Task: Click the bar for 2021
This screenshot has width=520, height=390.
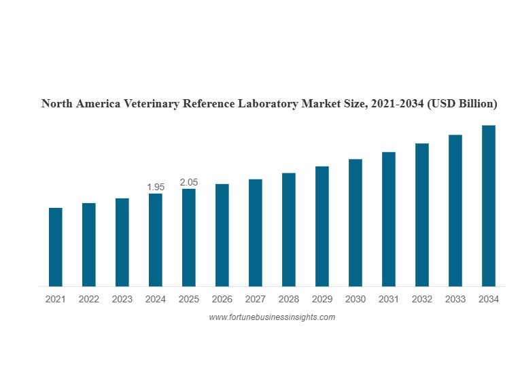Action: click(55, 247)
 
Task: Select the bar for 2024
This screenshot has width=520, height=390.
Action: click(156, 240)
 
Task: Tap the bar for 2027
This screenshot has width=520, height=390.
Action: click(256, 232)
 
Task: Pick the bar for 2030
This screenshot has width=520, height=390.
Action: click(356, 223)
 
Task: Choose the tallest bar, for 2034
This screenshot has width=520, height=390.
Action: click(489, 206)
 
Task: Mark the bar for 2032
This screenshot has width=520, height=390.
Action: click(422, 215)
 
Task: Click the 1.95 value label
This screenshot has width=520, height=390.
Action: click(156, 187)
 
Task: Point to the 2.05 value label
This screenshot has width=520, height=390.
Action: click(189, 182)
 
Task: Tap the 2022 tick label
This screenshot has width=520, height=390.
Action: click(88, 299)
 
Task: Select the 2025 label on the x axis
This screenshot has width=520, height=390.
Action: click(189, 299)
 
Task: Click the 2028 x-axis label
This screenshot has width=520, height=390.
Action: click(289, 299)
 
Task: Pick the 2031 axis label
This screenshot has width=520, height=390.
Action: click(389, 299)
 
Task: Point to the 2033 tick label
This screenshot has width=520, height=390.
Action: click(455, 299)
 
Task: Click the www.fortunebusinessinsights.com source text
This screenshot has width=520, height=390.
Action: click(272, 317)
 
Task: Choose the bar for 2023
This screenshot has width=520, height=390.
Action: click(122, 242)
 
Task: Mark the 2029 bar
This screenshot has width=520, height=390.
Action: click(322, 226)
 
